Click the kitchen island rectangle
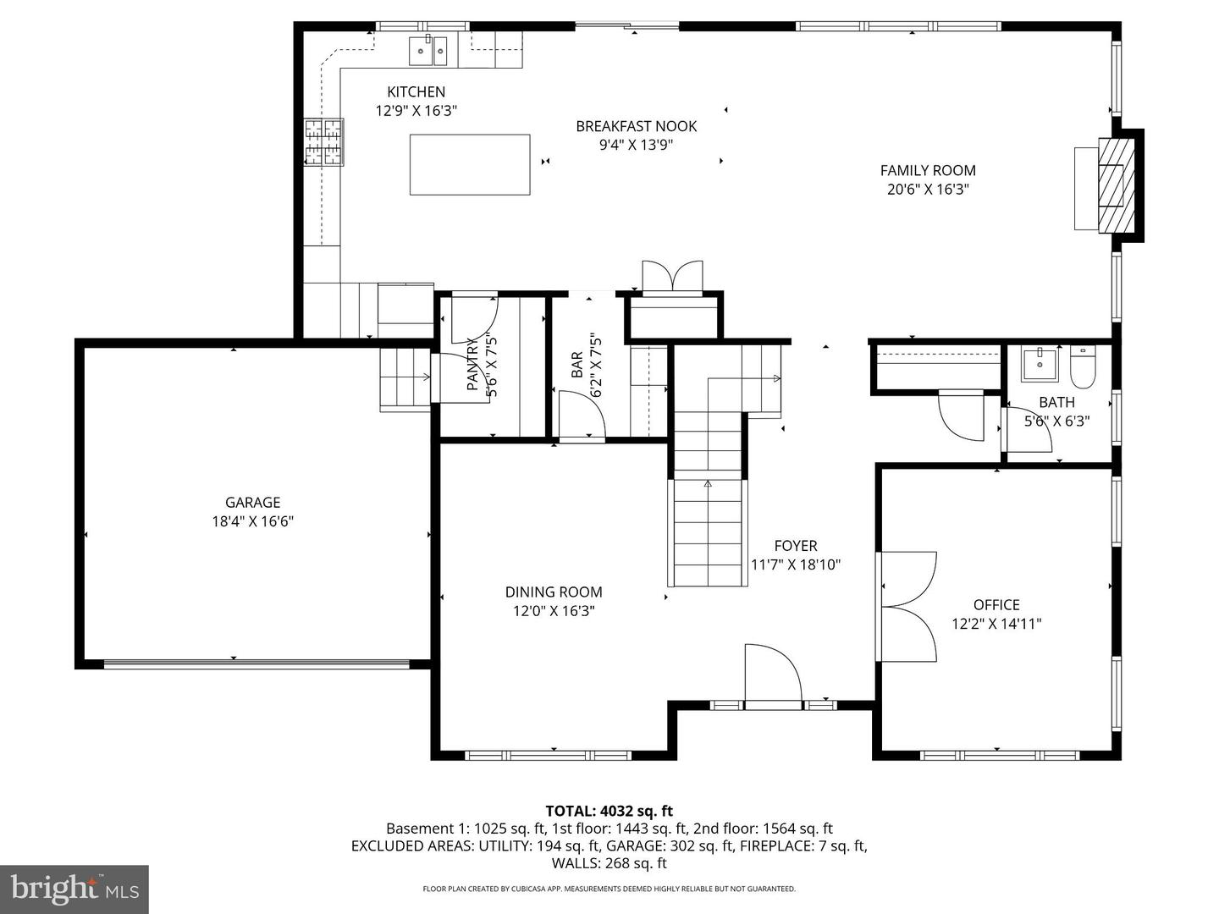click(x=470, y=164)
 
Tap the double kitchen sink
click(x=428, y=51)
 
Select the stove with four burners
click(x=324, y=142)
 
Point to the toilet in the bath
click(x=1083, y=365)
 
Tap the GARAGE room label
click(x=252, y=502)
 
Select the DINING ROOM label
click(x=554, y=592)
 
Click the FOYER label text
click(x=796, y=546)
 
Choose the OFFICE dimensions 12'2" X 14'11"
click(x=996, y=624)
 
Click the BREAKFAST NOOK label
click(x=637, y=126)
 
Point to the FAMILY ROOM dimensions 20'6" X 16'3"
click(x=928, y=190)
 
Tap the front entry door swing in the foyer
click(x=771, y=674)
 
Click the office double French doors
click(x=907, y=606)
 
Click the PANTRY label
click(x=472, y=365)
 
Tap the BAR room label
click(x=576, y=365)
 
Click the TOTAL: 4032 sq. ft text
click(x=609, y=812)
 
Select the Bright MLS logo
click(x=74, y=889)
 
